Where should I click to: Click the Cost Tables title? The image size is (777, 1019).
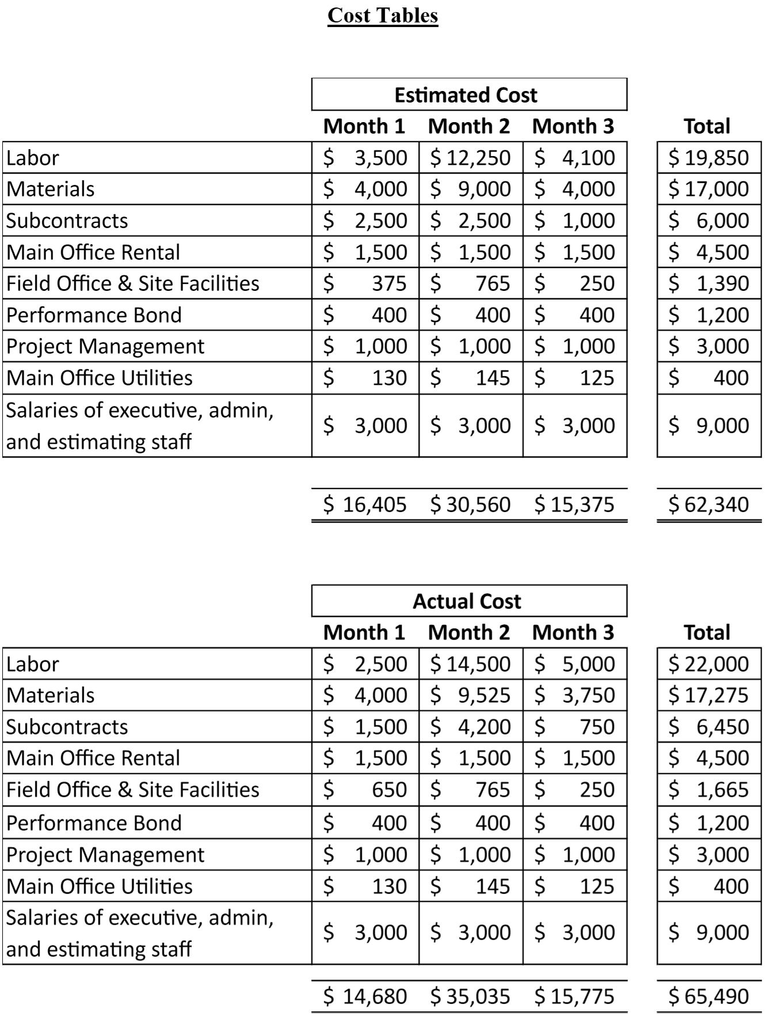[x=383, y=16]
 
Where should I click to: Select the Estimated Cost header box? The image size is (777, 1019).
[x=469, y=94]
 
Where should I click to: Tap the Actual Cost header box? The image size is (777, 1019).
[x=469, y=601]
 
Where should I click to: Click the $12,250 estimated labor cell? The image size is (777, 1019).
[x=471, y=157]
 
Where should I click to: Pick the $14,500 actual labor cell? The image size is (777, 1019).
[x=471, y=664]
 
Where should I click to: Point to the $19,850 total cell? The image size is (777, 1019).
[x=709, y=157]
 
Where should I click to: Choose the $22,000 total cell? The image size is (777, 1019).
[x=709, y=664]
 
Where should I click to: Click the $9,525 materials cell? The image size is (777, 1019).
[x=471, y=695]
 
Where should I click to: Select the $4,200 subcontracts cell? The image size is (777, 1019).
[x=471, y=727]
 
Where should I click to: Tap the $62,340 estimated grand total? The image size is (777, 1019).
[x=709, y=505]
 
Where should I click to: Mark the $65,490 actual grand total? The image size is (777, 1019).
[x=709, y=996]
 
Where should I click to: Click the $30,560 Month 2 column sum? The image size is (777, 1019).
[x=471, y=505]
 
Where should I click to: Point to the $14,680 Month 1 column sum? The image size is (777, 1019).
[x=365, y=996]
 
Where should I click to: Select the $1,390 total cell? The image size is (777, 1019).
[x=709, y=283]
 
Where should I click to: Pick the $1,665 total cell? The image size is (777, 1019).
[x=709, y=790]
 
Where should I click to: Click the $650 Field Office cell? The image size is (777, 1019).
[x=365, y=790]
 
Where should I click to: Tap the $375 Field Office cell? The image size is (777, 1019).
[x=365, y=283]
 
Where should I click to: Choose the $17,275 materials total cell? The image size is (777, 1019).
[x=709, y=695]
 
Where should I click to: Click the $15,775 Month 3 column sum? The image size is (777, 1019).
[x=574, y=996]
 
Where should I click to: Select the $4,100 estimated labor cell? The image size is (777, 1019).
[x=574, y=157]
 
